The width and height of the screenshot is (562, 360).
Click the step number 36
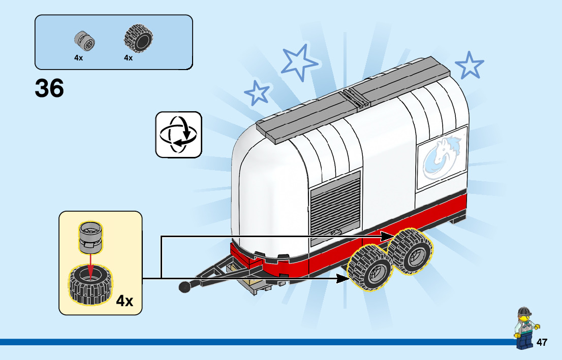[49, 88]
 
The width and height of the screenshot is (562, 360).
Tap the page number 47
[542, 342]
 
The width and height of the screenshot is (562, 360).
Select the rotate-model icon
[178, 135]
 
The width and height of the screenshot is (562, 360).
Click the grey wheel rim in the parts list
[85, 41]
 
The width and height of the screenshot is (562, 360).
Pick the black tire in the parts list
[138, 39]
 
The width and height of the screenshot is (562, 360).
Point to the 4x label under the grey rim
[78, 58]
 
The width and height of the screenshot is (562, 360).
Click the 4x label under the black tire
[128, 58]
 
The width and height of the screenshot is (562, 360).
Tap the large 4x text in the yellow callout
[124, 301]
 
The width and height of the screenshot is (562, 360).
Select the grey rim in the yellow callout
[90, 238]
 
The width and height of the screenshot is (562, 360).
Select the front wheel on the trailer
[370, 268]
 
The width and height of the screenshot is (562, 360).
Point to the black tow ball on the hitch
[184, 287]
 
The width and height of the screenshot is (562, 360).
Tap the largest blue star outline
[300, 62]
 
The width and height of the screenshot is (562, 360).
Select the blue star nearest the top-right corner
[469, 65]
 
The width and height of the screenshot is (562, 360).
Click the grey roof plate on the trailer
[351, 97]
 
